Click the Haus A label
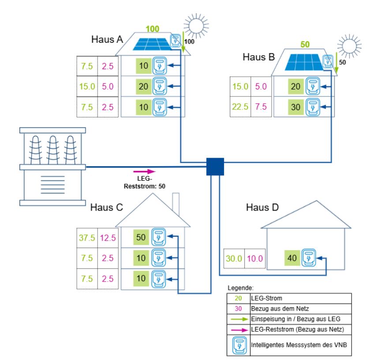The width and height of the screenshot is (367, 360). coord(107,40)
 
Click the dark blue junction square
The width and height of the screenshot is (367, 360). coord(216,167)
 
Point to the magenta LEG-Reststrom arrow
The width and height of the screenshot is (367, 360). coord(144,171)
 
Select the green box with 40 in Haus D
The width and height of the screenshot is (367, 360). coord(292,258)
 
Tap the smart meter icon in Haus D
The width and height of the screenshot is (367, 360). coord(309,258)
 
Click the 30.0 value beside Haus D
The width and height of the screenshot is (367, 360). coord(234,258)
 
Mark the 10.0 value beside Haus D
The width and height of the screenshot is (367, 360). coord(256,258)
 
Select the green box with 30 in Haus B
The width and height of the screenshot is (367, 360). coord(296,107)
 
